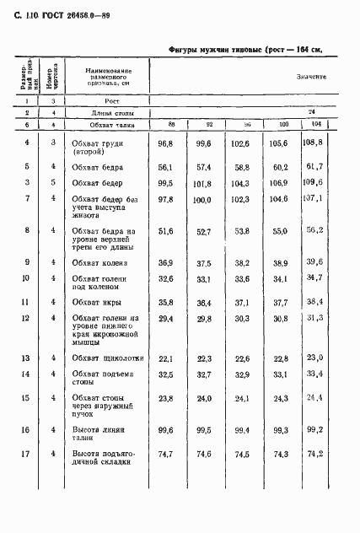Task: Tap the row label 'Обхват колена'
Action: click(99, 263)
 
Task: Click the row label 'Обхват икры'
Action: click(94, 301)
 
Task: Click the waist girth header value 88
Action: click(171, 125)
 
